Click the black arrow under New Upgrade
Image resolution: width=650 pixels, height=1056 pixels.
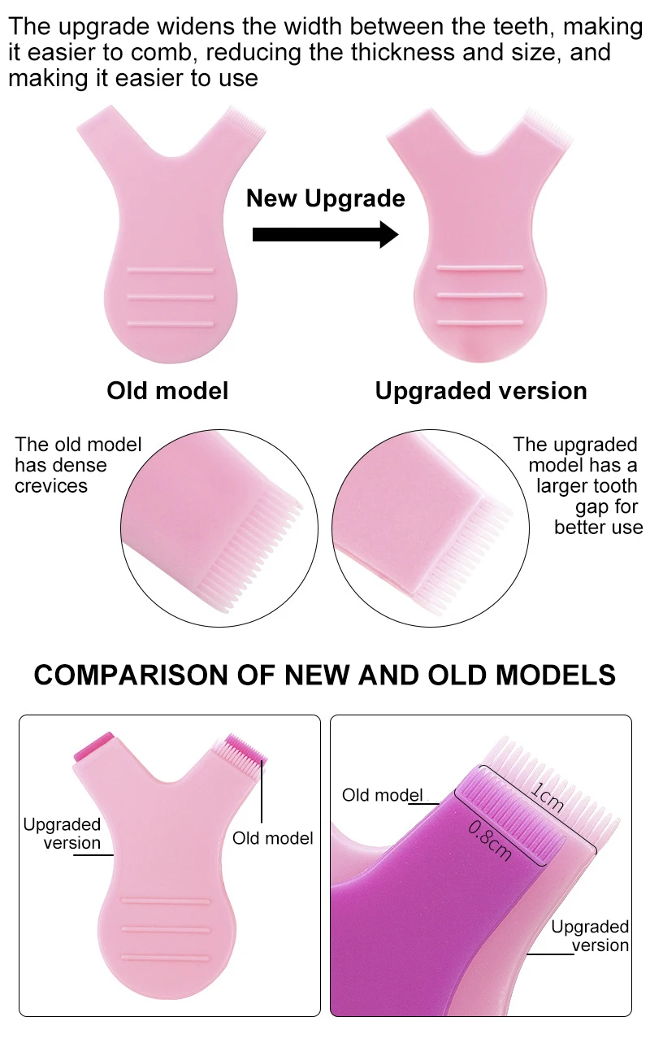(x=325, y=235)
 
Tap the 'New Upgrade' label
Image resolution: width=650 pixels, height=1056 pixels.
(x=325, y=198)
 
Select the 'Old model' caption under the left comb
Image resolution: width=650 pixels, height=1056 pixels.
(x=167, y=390)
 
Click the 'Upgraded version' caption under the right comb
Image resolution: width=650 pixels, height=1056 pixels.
(x=481, y=390)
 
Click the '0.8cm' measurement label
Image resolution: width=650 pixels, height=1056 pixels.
(x=490, y=839)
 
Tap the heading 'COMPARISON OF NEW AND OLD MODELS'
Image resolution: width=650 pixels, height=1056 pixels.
(x=325, y=675)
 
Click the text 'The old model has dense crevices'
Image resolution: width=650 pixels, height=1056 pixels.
(x=78, y=465)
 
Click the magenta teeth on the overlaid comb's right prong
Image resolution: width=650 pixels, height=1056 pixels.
(x=246, y=749)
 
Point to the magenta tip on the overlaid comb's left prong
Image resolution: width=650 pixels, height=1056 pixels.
(x=93, y=746)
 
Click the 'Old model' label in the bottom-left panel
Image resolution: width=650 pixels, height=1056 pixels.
(x=272, y=838)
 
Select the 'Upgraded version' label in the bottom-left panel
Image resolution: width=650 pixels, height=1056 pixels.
(x=62, y=833)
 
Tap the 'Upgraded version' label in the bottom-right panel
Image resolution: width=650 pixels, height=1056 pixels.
(x=590, y=936)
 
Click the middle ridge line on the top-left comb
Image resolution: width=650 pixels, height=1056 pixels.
(x=171, y=296)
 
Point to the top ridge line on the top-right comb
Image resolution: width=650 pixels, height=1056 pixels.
(x=479, y=267)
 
